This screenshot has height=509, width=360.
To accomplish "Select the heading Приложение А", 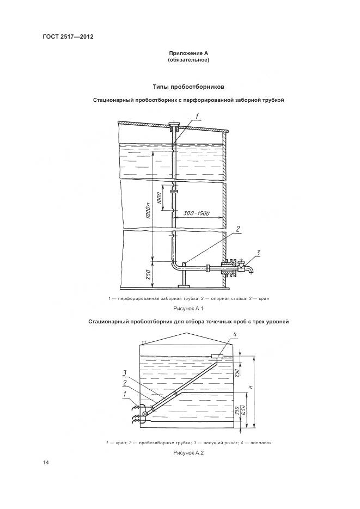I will tap(188, 53).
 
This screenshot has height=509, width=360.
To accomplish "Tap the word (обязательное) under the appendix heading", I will tap(188, 60).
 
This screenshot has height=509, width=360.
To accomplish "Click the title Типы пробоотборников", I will tap(188, 87).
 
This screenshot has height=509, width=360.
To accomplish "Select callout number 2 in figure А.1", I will tap(237, 229).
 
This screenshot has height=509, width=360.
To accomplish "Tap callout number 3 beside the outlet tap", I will tap(259, 252).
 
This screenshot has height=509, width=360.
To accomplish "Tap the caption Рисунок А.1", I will tap(188, 308).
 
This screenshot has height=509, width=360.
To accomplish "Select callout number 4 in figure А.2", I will tap(219, 335).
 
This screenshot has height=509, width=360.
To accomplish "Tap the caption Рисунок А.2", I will tap(188, 453).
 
